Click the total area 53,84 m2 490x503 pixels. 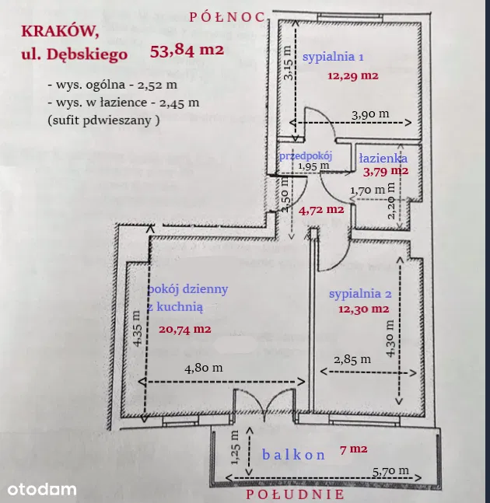(x=187, y=51)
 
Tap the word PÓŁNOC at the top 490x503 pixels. (x=227, y=17)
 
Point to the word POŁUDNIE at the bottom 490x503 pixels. (x=295, y=494)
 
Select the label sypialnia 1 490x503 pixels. (x=333, y=57)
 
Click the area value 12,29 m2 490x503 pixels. (x=353, y=76)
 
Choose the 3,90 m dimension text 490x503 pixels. (x=370, y=114)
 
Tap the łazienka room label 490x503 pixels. (x=383, y=158)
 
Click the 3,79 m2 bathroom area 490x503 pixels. (x=386, y=172)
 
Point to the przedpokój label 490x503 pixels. (x=306, y=156)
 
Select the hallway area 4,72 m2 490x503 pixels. (x=321, y=210)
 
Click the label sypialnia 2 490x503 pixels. (x=360, y=294)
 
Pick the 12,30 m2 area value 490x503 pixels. (x=363, y=309)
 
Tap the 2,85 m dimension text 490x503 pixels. (x=352, y=360)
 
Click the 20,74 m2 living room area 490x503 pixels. (x=185, y=329)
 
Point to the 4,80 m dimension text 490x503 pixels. (x=204, y=368)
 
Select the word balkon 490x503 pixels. (x=294, y=455)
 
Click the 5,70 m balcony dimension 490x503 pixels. (x=391, y=471)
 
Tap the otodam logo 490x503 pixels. (x=42, y=489)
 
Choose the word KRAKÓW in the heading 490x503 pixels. (x=60, y=31)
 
